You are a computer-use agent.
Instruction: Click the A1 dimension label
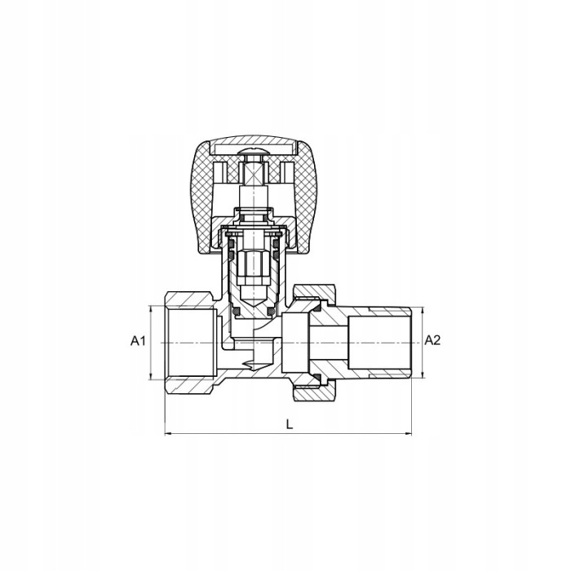pos(138,341)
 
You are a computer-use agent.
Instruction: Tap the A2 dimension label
pos(432,340)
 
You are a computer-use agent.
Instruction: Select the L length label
pos(289,424)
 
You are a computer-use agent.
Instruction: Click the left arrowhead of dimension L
pos(168,433)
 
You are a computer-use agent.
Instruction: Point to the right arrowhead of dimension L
pos(408,433)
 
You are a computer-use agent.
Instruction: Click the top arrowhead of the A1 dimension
pos(150,309)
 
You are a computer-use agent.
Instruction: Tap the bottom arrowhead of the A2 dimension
pos(423,374)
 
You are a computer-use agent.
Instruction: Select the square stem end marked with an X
pos(254,173)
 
